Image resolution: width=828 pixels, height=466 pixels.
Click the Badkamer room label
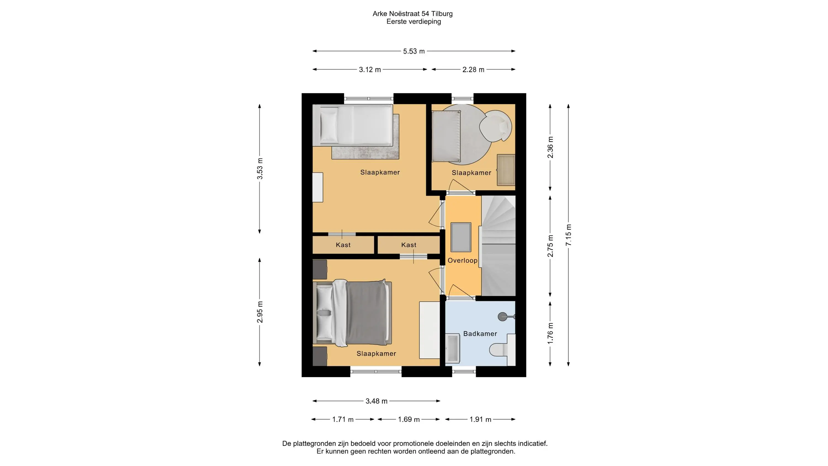(x=480, y=334)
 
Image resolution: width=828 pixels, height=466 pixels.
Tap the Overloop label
(x=463, y=261)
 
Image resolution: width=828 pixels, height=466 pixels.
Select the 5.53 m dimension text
(x=414, y=51)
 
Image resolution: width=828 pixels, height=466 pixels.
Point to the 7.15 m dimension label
(x=568, y=235)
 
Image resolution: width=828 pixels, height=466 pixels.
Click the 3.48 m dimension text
(x=376, y=401)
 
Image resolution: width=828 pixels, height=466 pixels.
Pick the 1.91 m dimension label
(x=480, y=419)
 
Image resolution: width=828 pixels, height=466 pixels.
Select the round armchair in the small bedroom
(x=495, y=126)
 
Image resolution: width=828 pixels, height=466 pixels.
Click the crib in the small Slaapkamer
(x=446, y=136)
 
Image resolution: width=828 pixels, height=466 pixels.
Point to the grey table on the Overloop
(x=461, y=237)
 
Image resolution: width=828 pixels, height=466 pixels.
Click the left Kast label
(x=343, y=245)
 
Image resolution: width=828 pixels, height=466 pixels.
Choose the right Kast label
(x=408, y=245)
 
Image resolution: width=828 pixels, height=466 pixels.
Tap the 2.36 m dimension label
(x=550, y=147)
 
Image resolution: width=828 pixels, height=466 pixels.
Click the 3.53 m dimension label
(x=260, y=168)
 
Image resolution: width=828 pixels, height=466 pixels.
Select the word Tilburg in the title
(x=442, y=14)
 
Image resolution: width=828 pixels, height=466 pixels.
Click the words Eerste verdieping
(x=414, y=22)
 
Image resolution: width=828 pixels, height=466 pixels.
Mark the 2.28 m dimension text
(x=473, y=70)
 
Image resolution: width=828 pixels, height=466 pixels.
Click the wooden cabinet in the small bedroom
(x=506, y=170)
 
